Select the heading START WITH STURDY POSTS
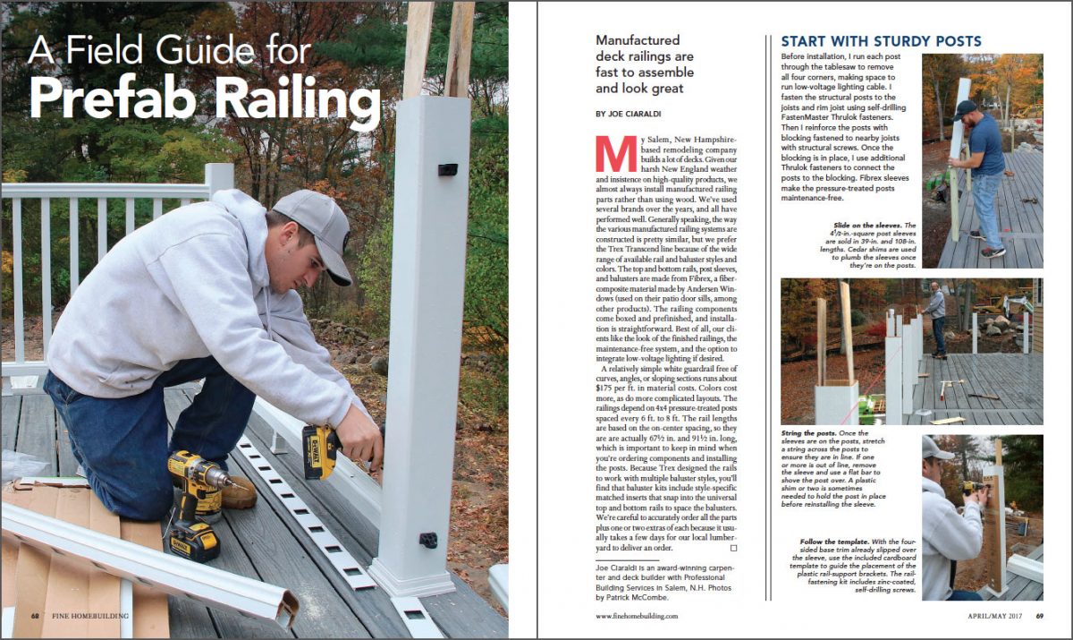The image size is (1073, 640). pos(881,41)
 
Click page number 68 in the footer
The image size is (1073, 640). pos(35,616)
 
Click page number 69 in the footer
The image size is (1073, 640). pos(1040,616)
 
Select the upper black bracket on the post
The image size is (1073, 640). pos(447,169)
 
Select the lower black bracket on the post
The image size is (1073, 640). pos(428,540)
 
